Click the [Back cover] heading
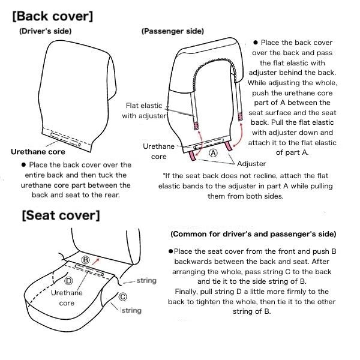coord(53,16)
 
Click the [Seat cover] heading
coord(61,215)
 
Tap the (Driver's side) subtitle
coord(45,31)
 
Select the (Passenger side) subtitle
coord(173,31)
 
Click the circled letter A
coord(213,152)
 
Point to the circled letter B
coord(85,260)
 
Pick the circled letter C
coord(123,296)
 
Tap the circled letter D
coord(68,281)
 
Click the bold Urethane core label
coord(38,152)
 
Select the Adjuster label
coord(251,164)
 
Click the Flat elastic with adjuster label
coord(144,110)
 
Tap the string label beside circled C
coord(131,310)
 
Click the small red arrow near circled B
coord(97,261)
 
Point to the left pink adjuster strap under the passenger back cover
coord(192,155)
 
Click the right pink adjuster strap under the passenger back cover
coord(229,146)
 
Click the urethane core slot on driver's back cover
coord(65,139)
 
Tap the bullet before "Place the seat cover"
coord(170,251)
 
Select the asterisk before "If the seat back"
coord(164,175)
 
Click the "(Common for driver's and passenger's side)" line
coord(253,234)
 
